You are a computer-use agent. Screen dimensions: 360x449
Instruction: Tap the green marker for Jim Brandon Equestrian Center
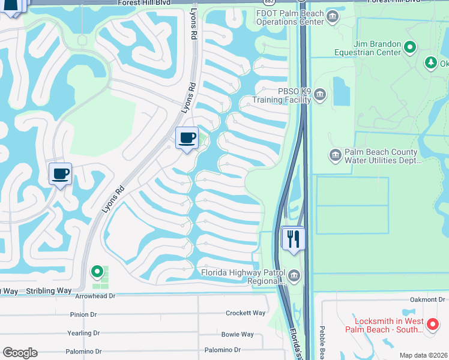(410, 46)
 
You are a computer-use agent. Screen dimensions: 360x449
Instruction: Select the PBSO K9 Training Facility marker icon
(320, 94)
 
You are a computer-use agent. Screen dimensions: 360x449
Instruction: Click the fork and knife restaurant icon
(294, 238)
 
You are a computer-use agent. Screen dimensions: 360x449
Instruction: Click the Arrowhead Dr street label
(95, 296)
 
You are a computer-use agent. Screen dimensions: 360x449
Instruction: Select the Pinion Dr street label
(83, 314)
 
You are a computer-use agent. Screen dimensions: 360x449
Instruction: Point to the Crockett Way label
(245, 313)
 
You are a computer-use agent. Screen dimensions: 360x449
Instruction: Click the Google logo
(20, 353)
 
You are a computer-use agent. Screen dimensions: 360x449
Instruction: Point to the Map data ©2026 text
(423, 355)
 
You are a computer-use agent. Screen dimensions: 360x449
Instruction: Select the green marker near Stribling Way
(97, 272)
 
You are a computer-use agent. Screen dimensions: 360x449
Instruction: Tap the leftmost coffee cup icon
(60, 174)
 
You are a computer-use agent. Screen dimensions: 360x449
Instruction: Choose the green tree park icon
(430, 62)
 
